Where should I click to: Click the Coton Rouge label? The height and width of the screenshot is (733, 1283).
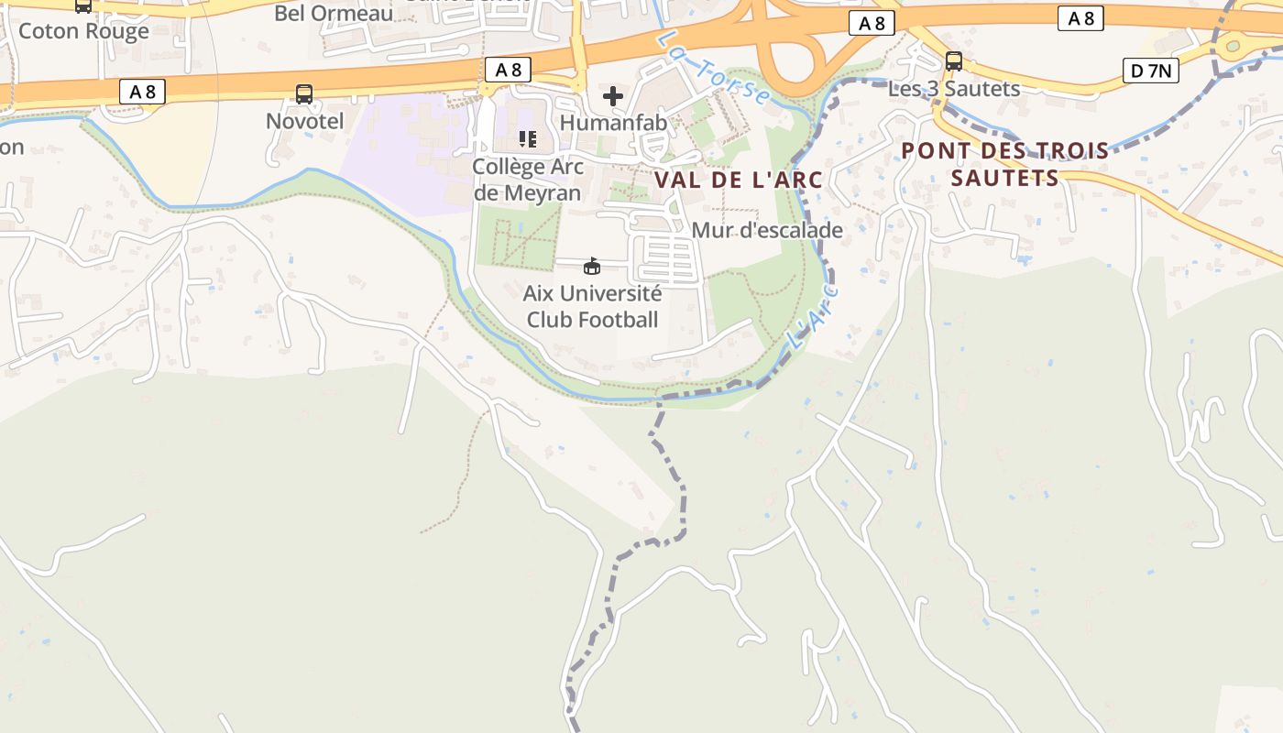point(83,31)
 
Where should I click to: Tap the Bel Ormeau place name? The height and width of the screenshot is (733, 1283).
point(334,13)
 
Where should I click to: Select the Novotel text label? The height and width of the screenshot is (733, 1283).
point(304,121)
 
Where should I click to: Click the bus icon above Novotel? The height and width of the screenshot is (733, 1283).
point(304,93)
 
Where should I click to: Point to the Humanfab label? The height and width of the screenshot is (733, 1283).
point(613,122)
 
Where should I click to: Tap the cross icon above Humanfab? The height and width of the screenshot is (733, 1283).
point(613,95)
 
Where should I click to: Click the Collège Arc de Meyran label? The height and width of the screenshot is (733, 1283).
point(527,180)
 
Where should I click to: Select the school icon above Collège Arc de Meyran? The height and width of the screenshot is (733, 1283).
point(527,139)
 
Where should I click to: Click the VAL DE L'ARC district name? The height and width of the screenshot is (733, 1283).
point(739,180)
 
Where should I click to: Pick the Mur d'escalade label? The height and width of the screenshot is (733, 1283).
point(767,230)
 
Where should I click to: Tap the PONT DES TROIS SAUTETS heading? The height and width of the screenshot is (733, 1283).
point(1005,164)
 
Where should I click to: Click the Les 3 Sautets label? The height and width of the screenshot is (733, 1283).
point(954,89)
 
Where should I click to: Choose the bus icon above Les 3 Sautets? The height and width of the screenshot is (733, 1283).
point(954,61)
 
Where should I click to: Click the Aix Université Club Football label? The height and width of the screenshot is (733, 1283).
point(592,307)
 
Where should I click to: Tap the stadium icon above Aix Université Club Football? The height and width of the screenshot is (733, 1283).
point(592,267)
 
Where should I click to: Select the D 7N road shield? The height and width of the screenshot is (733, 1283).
point(1150,71)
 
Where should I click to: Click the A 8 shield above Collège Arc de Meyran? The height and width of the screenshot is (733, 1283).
point(508,70)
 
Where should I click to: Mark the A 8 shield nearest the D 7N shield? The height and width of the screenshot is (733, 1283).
point(1080,18)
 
